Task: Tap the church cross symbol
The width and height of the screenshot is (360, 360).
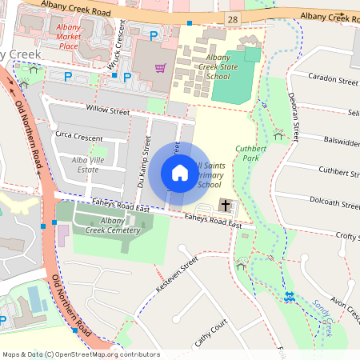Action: coord(226,206)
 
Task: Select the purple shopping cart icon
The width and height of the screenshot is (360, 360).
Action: coord(160,68)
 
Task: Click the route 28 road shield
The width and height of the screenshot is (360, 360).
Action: coord(233,18)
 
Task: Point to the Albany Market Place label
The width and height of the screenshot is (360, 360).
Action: coord(68,36)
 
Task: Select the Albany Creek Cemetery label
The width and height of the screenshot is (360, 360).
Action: coord(107,226)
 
